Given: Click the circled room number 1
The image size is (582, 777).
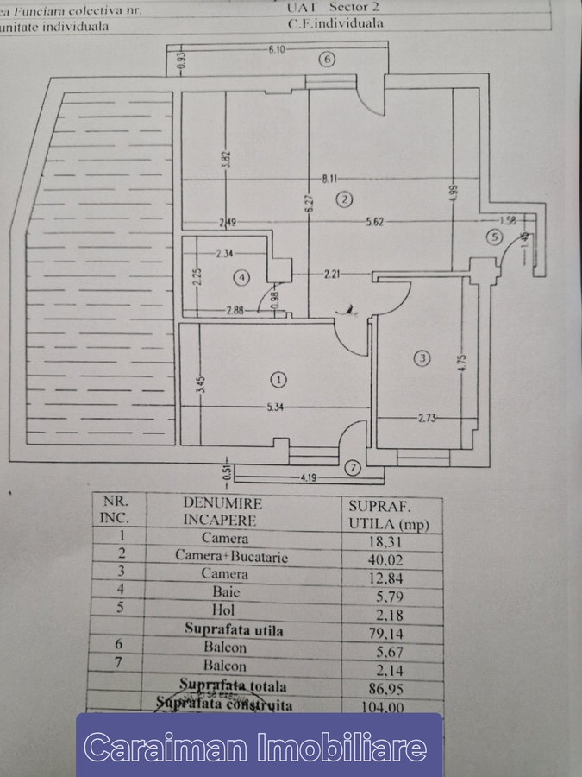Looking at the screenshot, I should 278,378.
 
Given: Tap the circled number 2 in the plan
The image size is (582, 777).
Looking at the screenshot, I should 344,199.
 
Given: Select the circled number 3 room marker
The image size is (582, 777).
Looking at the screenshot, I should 422,358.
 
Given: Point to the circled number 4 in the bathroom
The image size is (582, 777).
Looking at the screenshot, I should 242,277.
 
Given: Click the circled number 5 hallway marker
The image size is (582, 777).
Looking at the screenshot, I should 493,237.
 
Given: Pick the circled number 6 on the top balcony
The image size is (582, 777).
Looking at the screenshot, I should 326,59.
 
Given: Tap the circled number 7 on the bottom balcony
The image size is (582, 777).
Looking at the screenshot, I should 352,469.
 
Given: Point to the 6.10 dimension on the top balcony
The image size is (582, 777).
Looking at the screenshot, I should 277,49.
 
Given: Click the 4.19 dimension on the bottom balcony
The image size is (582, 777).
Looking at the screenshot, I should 308,476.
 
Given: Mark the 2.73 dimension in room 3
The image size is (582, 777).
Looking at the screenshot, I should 429,418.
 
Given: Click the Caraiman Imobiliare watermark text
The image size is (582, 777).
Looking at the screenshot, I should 258,747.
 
